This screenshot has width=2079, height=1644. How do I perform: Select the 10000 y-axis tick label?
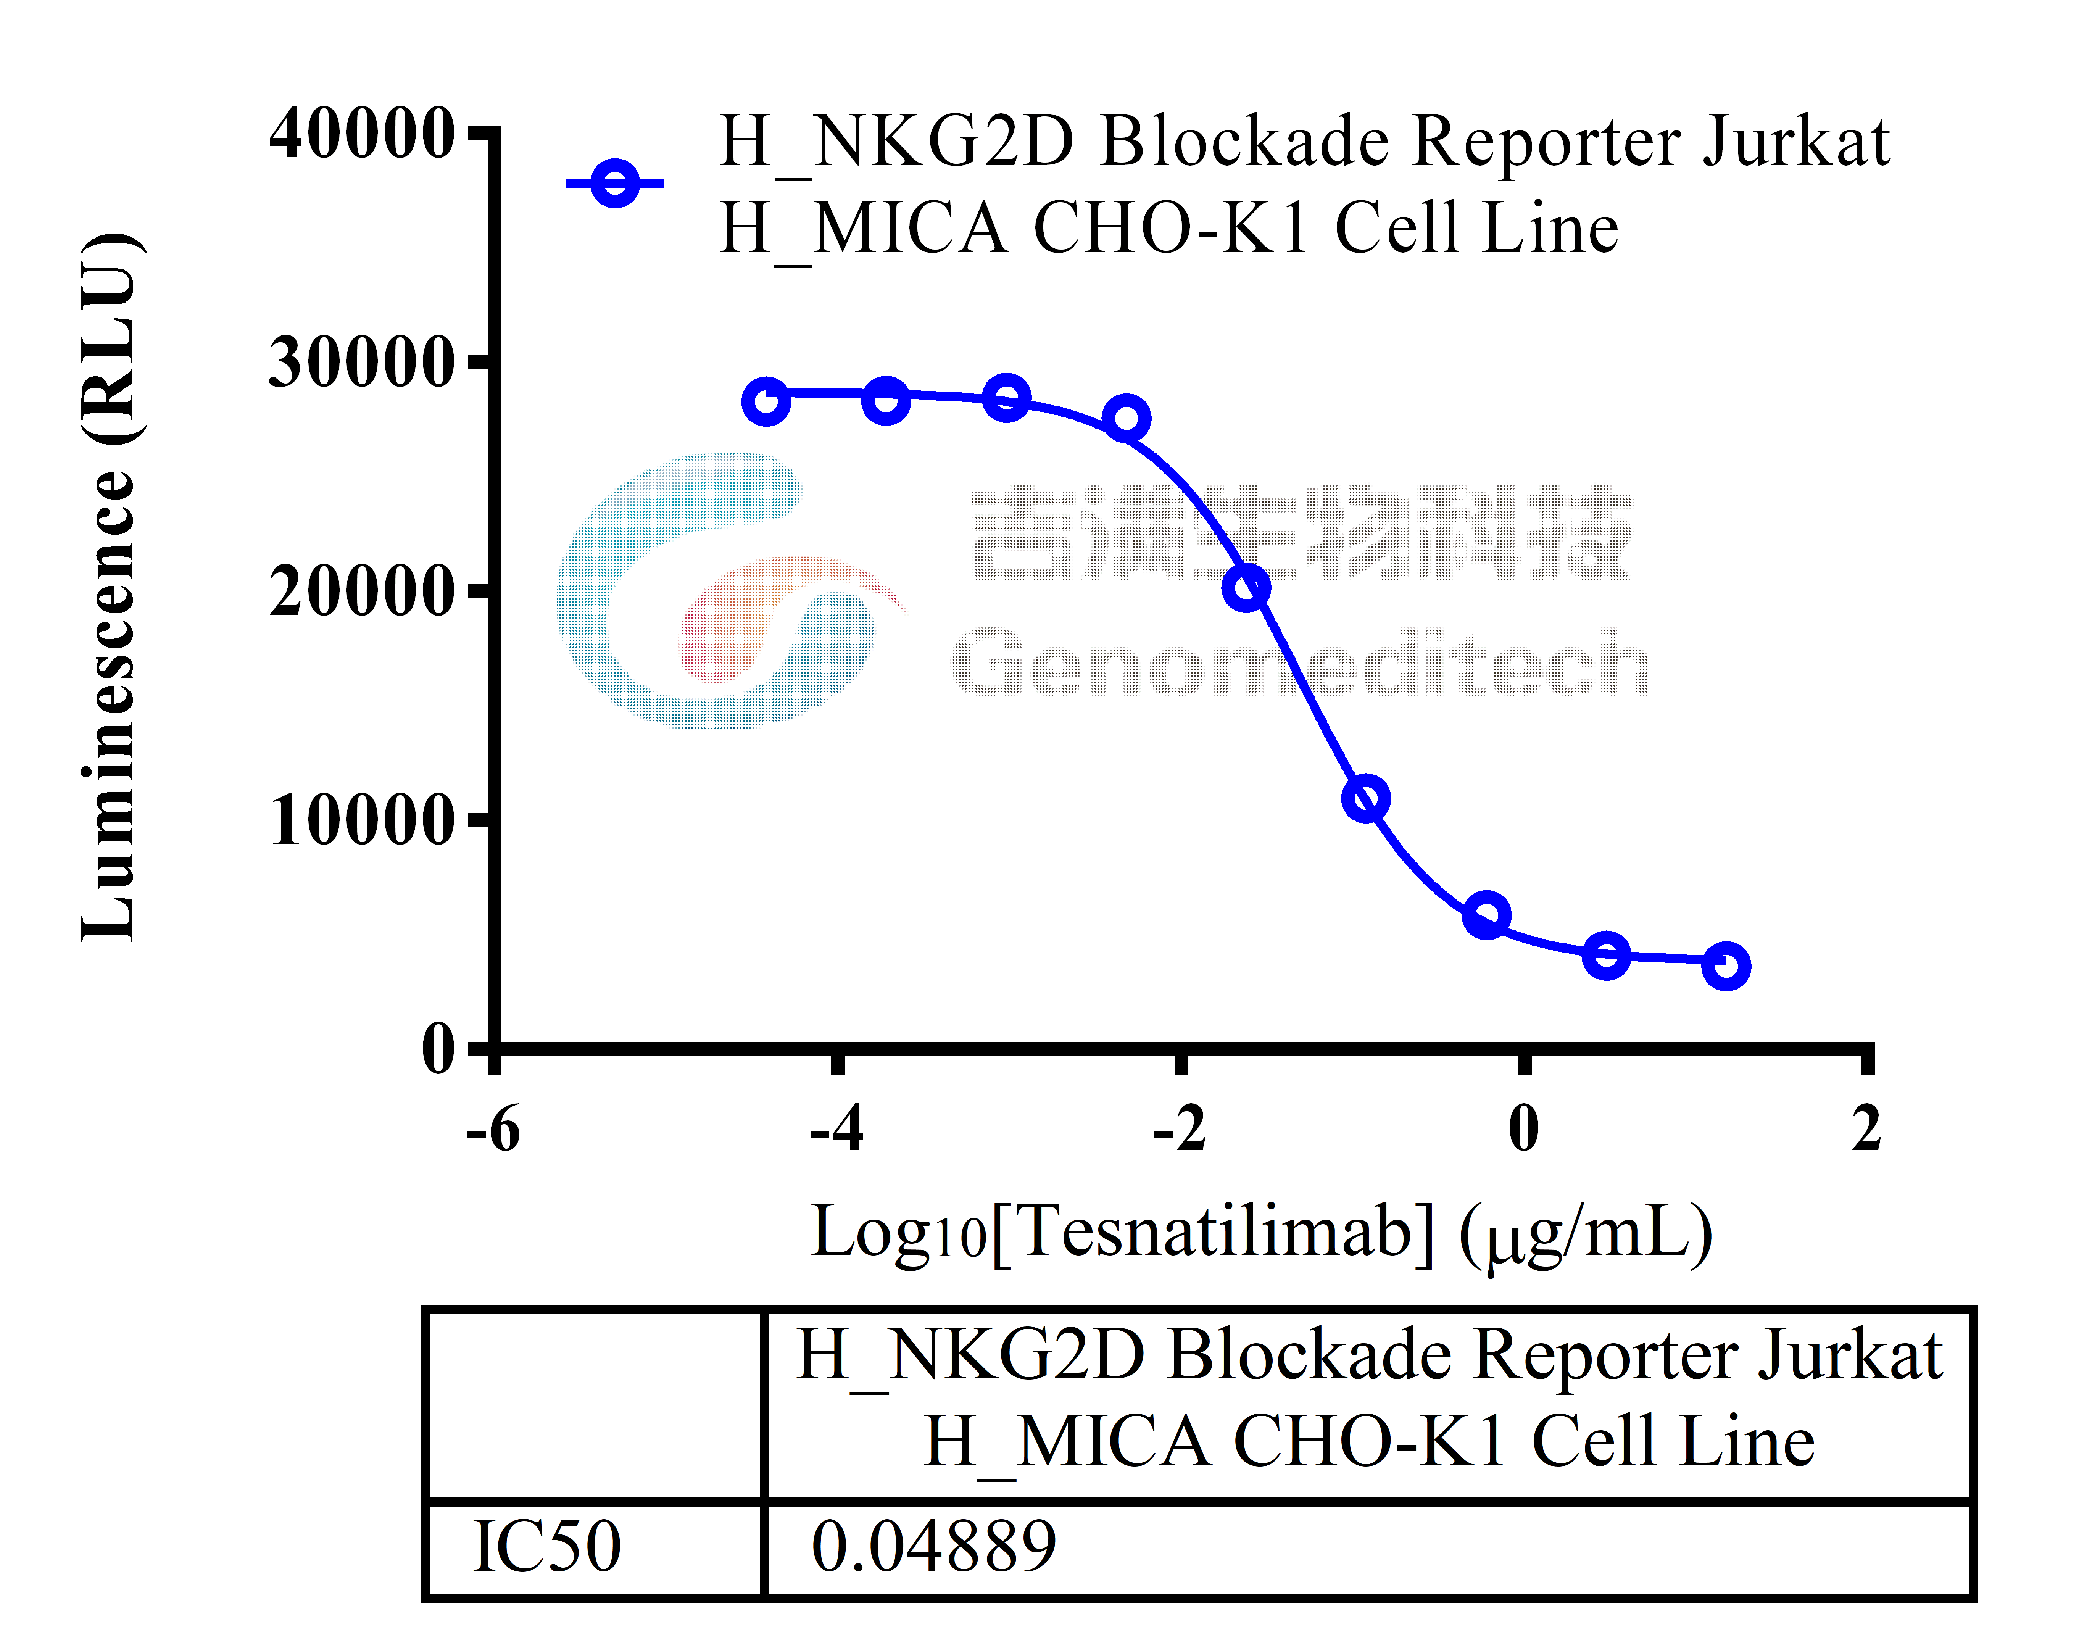point(361,821)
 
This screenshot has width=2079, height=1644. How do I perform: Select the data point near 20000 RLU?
point(1246,587)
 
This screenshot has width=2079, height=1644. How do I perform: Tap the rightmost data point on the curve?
point(1726,965)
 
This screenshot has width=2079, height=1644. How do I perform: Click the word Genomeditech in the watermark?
point(1299,664)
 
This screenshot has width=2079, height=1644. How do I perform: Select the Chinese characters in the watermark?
point(1301,534)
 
